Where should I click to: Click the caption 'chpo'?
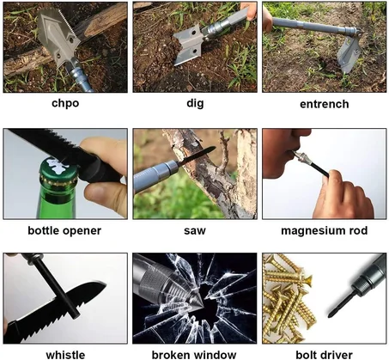click(64, 104)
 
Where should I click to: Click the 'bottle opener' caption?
click(64, 230)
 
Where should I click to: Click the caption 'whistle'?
click(64, 353)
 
